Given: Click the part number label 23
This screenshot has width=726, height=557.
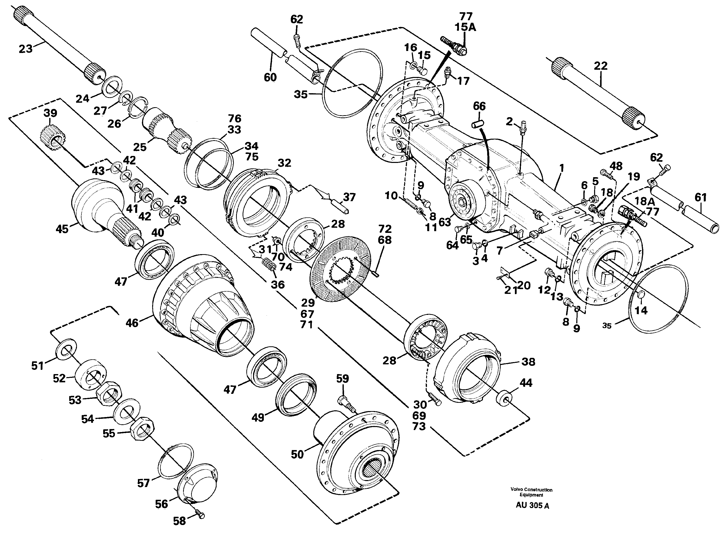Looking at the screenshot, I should click(25, 49).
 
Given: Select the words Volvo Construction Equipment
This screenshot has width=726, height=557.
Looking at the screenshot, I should click(531, 492).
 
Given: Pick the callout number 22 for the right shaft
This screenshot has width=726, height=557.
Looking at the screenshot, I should click(600, 66).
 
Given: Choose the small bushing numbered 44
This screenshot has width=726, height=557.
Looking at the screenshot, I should click(504, 398).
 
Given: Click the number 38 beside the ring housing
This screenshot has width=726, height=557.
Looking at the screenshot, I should click(528, 362).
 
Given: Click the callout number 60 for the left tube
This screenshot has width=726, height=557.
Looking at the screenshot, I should click(270, 77).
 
